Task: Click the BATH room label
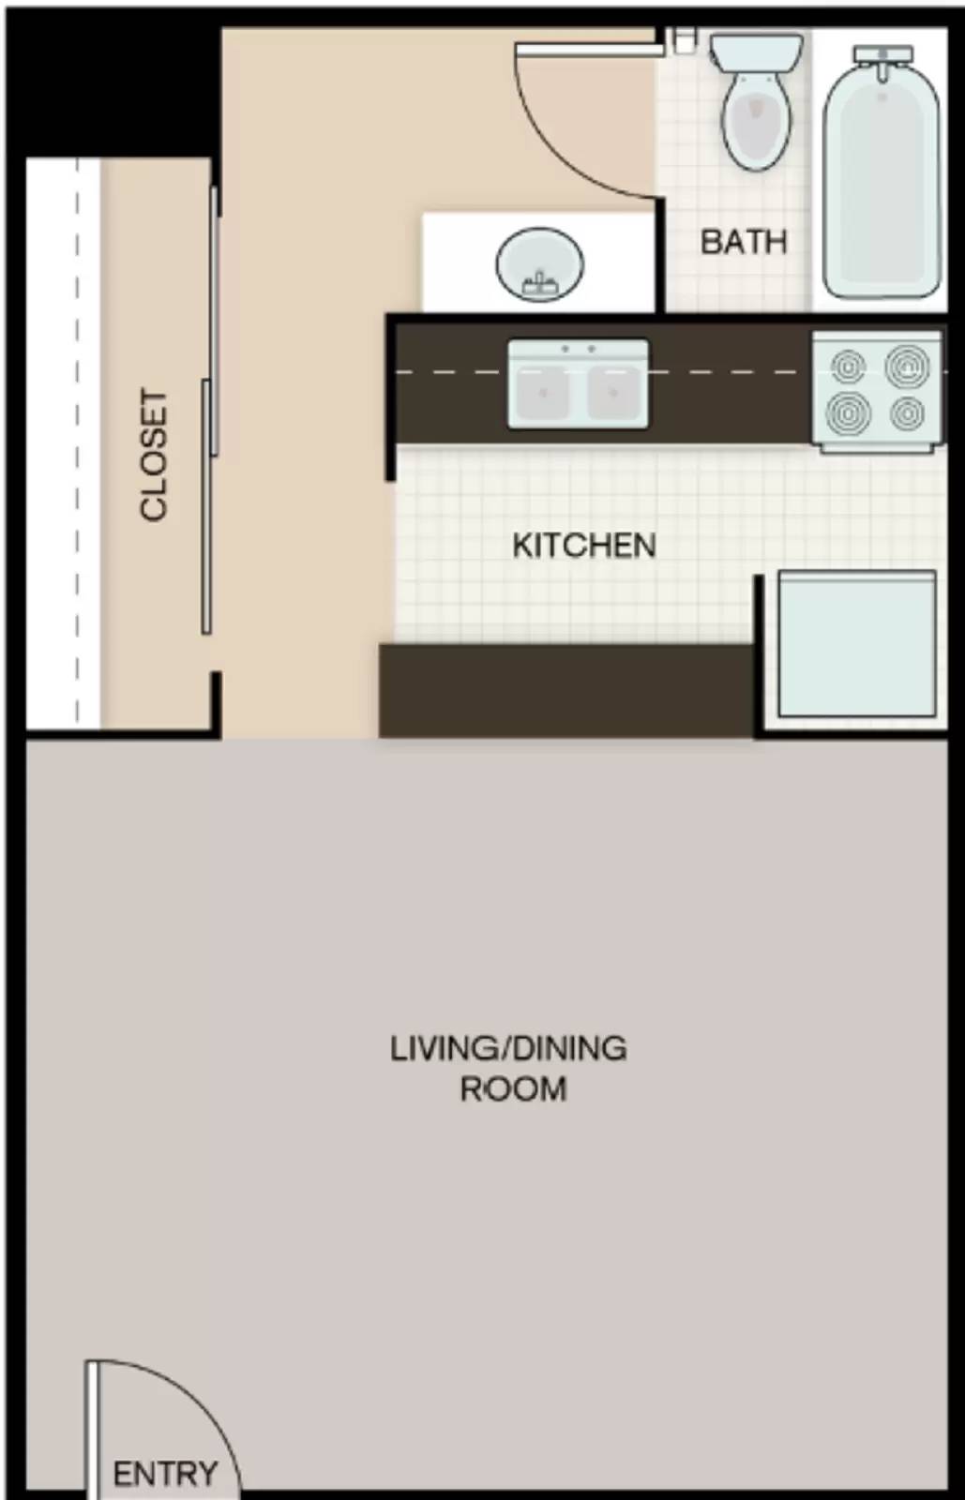pyautogui.click(x=743, y=242)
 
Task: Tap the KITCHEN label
pyautogui.click(x=583, y=546)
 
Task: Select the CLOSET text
pyautogui.click(x=154, y=455)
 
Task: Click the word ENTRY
pyautogui.click(x=165, y=1474)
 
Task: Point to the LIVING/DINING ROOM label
pyautogui.click(x=509, y=1068)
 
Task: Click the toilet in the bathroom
pyautogui.click(x=756, y=116)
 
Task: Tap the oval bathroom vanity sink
pyautogui.click(x=539, y=265)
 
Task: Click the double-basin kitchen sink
pyautogui.click(x=578, y=385)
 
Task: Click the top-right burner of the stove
pyautogui.click(x=907, y=366)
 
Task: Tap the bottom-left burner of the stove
pyautogui.click(x=849, y=411)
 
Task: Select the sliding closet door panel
pyautogui.click(x=206, y=506)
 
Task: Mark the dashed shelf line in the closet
pyautogui.click(x=77, y=441)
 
